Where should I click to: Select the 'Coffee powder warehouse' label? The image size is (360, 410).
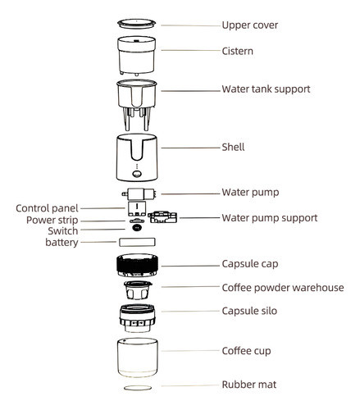[282, 288]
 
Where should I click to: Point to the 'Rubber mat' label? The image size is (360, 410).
[253, 384]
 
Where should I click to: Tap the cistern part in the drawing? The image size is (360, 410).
[138, 53]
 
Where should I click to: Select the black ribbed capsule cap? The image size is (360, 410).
[138, 266]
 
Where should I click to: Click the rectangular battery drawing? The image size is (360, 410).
[138, 243]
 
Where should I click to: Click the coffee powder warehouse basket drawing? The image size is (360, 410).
[138, 292]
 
